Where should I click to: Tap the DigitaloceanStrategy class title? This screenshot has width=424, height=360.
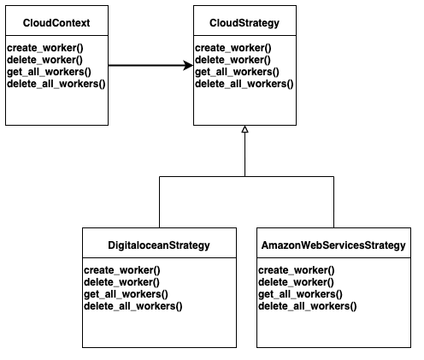(x=160, y=246)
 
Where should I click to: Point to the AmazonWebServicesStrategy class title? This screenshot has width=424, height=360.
(x=333, y=246)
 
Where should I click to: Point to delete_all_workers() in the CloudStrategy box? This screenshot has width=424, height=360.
(x=244, y=85)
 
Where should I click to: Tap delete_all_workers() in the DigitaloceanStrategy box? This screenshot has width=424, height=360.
(x=132, y=306)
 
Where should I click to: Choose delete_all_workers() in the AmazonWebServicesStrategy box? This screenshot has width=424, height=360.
(x=307, y=306)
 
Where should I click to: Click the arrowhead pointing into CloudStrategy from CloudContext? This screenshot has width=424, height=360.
(x=187, y=65)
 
